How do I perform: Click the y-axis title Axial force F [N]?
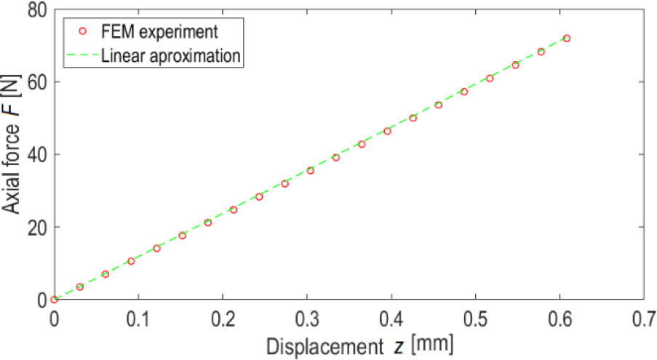(12, 155)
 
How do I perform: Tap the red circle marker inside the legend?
(82, 31)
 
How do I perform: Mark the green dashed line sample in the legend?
(82, 55)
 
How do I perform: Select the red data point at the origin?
(54, 299)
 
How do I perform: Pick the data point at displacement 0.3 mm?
(310, 170)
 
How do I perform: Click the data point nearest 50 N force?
(413, 118)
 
